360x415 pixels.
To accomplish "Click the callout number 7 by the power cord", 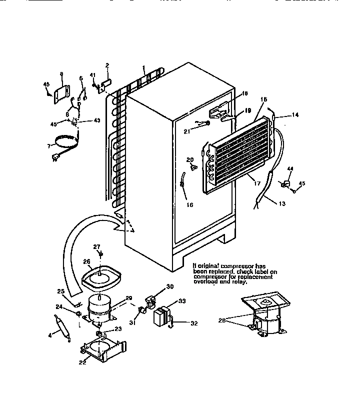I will click(x=48, y=145).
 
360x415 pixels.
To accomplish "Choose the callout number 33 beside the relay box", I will click(x=181, y=301).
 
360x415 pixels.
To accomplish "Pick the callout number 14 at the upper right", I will click(x=295, y=114).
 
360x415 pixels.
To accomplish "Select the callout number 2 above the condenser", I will click(x=107, y=65).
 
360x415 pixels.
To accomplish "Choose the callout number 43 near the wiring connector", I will click(x=97, y=120).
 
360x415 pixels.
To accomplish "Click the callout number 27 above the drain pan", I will click(x=97, y=246).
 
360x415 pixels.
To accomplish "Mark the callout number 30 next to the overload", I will click(x=169, y=286).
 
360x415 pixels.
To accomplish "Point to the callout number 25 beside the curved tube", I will click(x=60, y=291).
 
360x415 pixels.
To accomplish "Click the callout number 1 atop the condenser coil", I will click(x=143, y=66).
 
